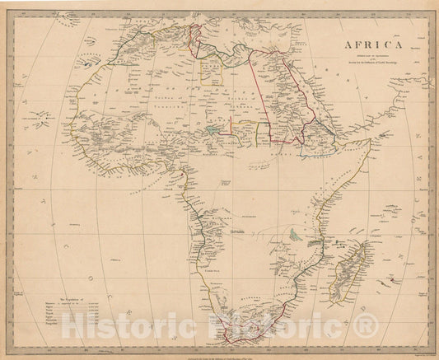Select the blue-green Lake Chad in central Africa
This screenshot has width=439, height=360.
tap(213, 129)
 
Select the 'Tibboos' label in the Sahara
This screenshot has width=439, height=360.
tap(232, 105)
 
